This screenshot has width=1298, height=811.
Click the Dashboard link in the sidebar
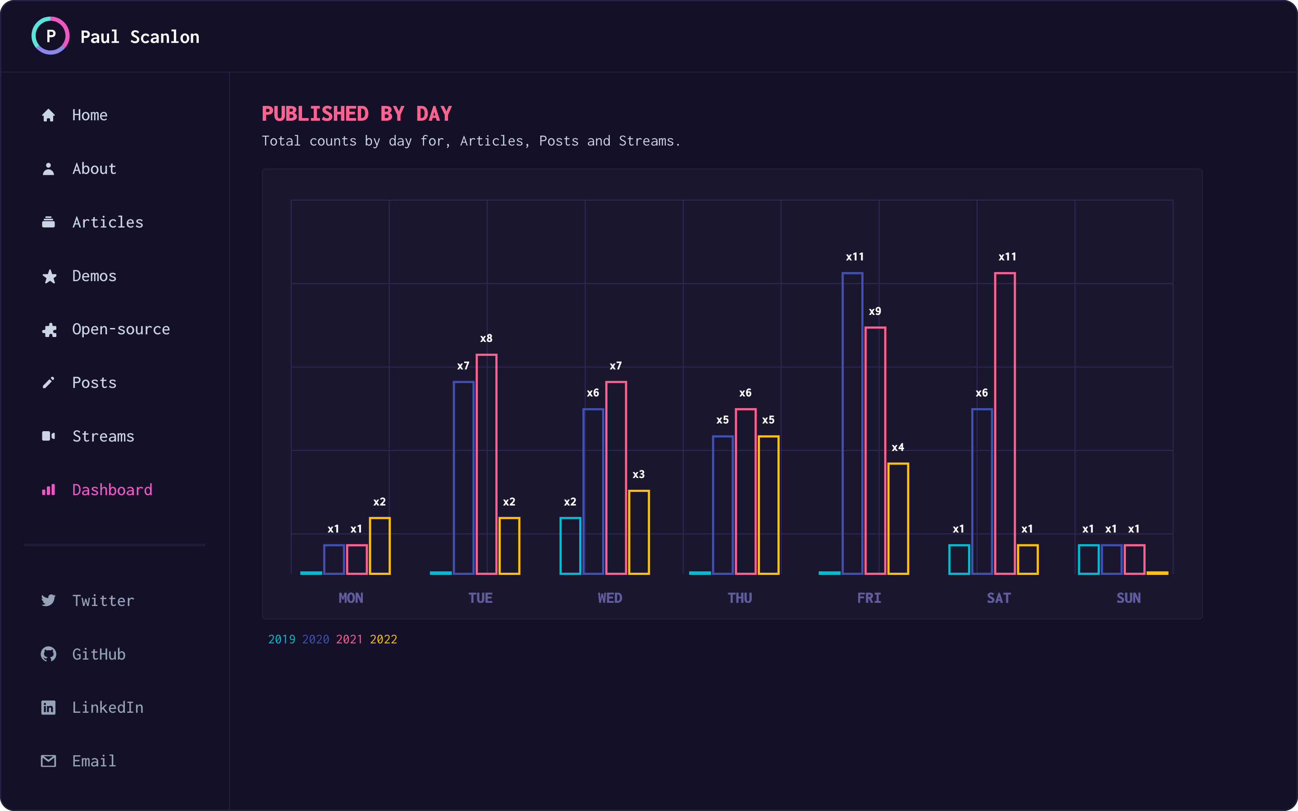[112, 490]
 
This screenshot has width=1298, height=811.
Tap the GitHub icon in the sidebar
[49, 654]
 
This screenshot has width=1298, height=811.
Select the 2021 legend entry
[349, 639]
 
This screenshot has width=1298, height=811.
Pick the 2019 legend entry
[282, 639]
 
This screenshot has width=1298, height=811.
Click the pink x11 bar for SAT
[1005, 424]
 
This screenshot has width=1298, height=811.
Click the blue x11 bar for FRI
[852, 424]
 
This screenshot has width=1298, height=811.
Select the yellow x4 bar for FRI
[898, 519]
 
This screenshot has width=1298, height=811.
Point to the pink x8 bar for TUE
[486, 465]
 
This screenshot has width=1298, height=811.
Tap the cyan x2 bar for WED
[570, 546]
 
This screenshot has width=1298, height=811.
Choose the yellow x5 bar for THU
[768, 505]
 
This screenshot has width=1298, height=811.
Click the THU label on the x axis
[740, 598]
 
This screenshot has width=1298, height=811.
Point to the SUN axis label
[1129, 598]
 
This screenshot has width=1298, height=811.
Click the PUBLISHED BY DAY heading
[356, 114]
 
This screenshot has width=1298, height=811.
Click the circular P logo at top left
[50, 36]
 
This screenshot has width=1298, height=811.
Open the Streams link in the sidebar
[103, 436]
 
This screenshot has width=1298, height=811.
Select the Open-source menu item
[121, 329]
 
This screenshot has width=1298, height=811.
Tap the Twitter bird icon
[49, 600]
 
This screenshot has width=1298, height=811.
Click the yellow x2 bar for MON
[380, 546]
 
